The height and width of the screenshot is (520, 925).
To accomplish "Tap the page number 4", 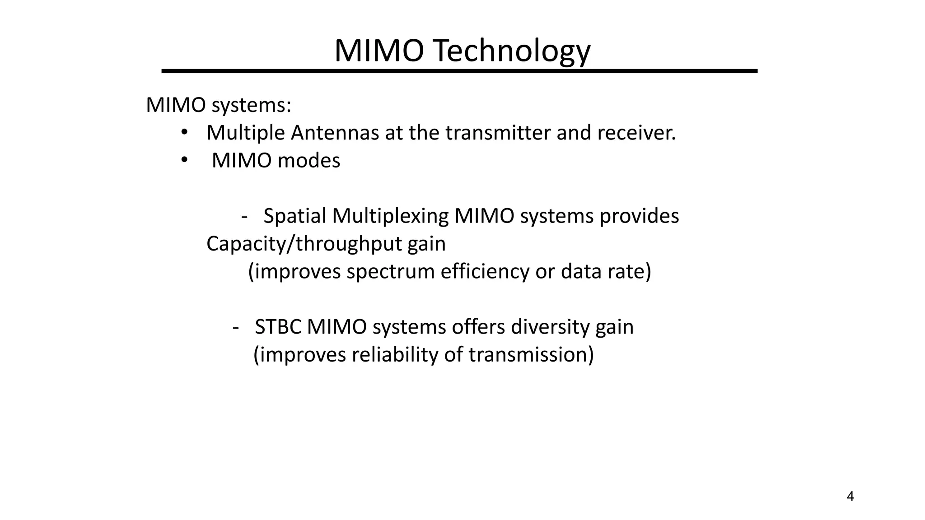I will [x=850, y=497].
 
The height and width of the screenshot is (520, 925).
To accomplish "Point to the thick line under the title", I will [x=459, y=71].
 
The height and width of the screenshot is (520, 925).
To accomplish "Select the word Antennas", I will [x=335, y=133].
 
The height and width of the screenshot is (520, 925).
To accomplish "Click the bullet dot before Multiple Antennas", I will [x=184, y=132].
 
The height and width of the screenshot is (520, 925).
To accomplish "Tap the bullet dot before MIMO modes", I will [x=184, y=160].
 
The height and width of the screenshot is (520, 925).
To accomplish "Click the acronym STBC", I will [x=278, y=327].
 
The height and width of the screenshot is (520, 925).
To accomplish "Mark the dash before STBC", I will [x=235, y=328].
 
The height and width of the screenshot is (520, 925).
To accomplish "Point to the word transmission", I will [x=531, y=355].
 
